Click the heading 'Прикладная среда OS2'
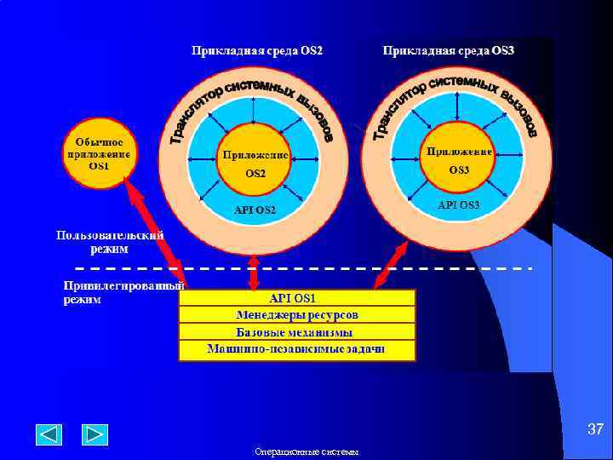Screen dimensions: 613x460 point(257,51)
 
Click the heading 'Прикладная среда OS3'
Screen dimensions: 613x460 point(449,51)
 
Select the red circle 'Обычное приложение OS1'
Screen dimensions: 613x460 point(99,153)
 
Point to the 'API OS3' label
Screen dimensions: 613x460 point(459,205)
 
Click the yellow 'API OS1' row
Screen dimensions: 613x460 point(296,298)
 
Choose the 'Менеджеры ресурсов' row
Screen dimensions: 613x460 point(296,315)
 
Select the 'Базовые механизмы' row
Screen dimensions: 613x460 point(296,332)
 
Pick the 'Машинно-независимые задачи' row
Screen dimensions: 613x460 point(296,349)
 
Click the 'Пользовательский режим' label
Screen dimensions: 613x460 point(110,242)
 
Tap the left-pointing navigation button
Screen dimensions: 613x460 point(49,434)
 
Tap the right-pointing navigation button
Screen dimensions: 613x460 point(95,434)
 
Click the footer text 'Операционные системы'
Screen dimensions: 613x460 point(306,451)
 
